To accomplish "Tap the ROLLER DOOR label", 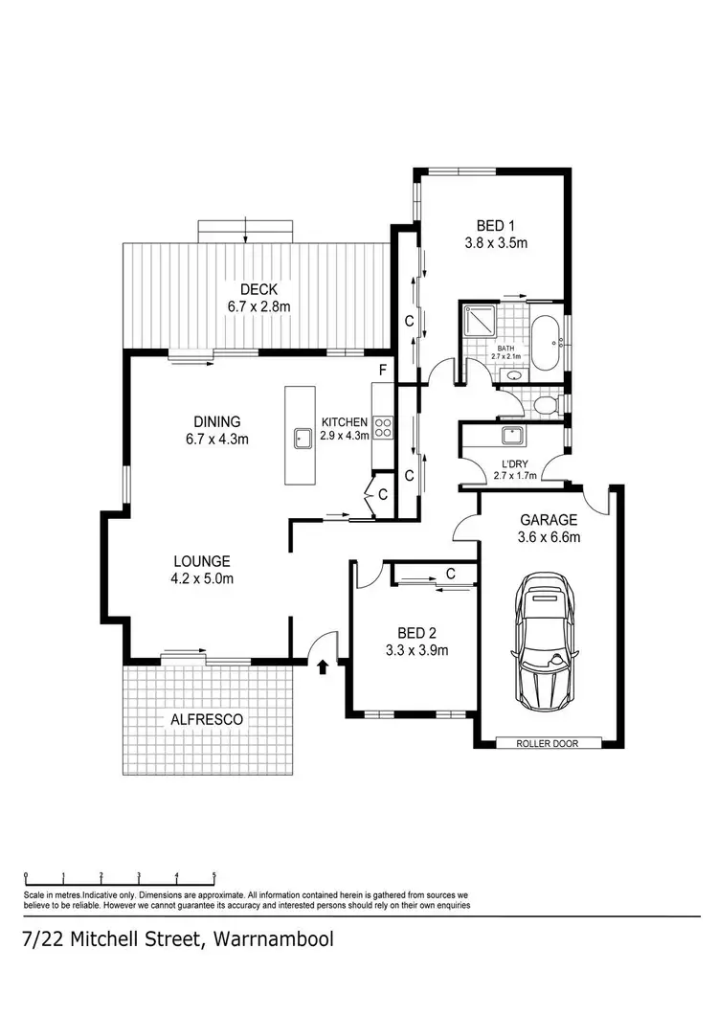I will (549, 743).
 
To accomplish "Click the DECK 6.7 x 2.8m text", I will (258, 306).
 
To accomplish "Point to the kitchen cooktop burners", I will (382, 427).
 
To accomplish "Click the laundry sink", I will (511, 437).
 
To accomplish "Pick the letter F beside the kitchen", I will (382, 370).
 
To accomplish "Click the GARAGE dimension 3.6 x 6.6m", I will (549, 536).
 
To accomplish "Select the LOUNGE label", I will (202, 561).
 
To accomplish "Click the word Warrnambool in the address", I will (274, 939).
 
